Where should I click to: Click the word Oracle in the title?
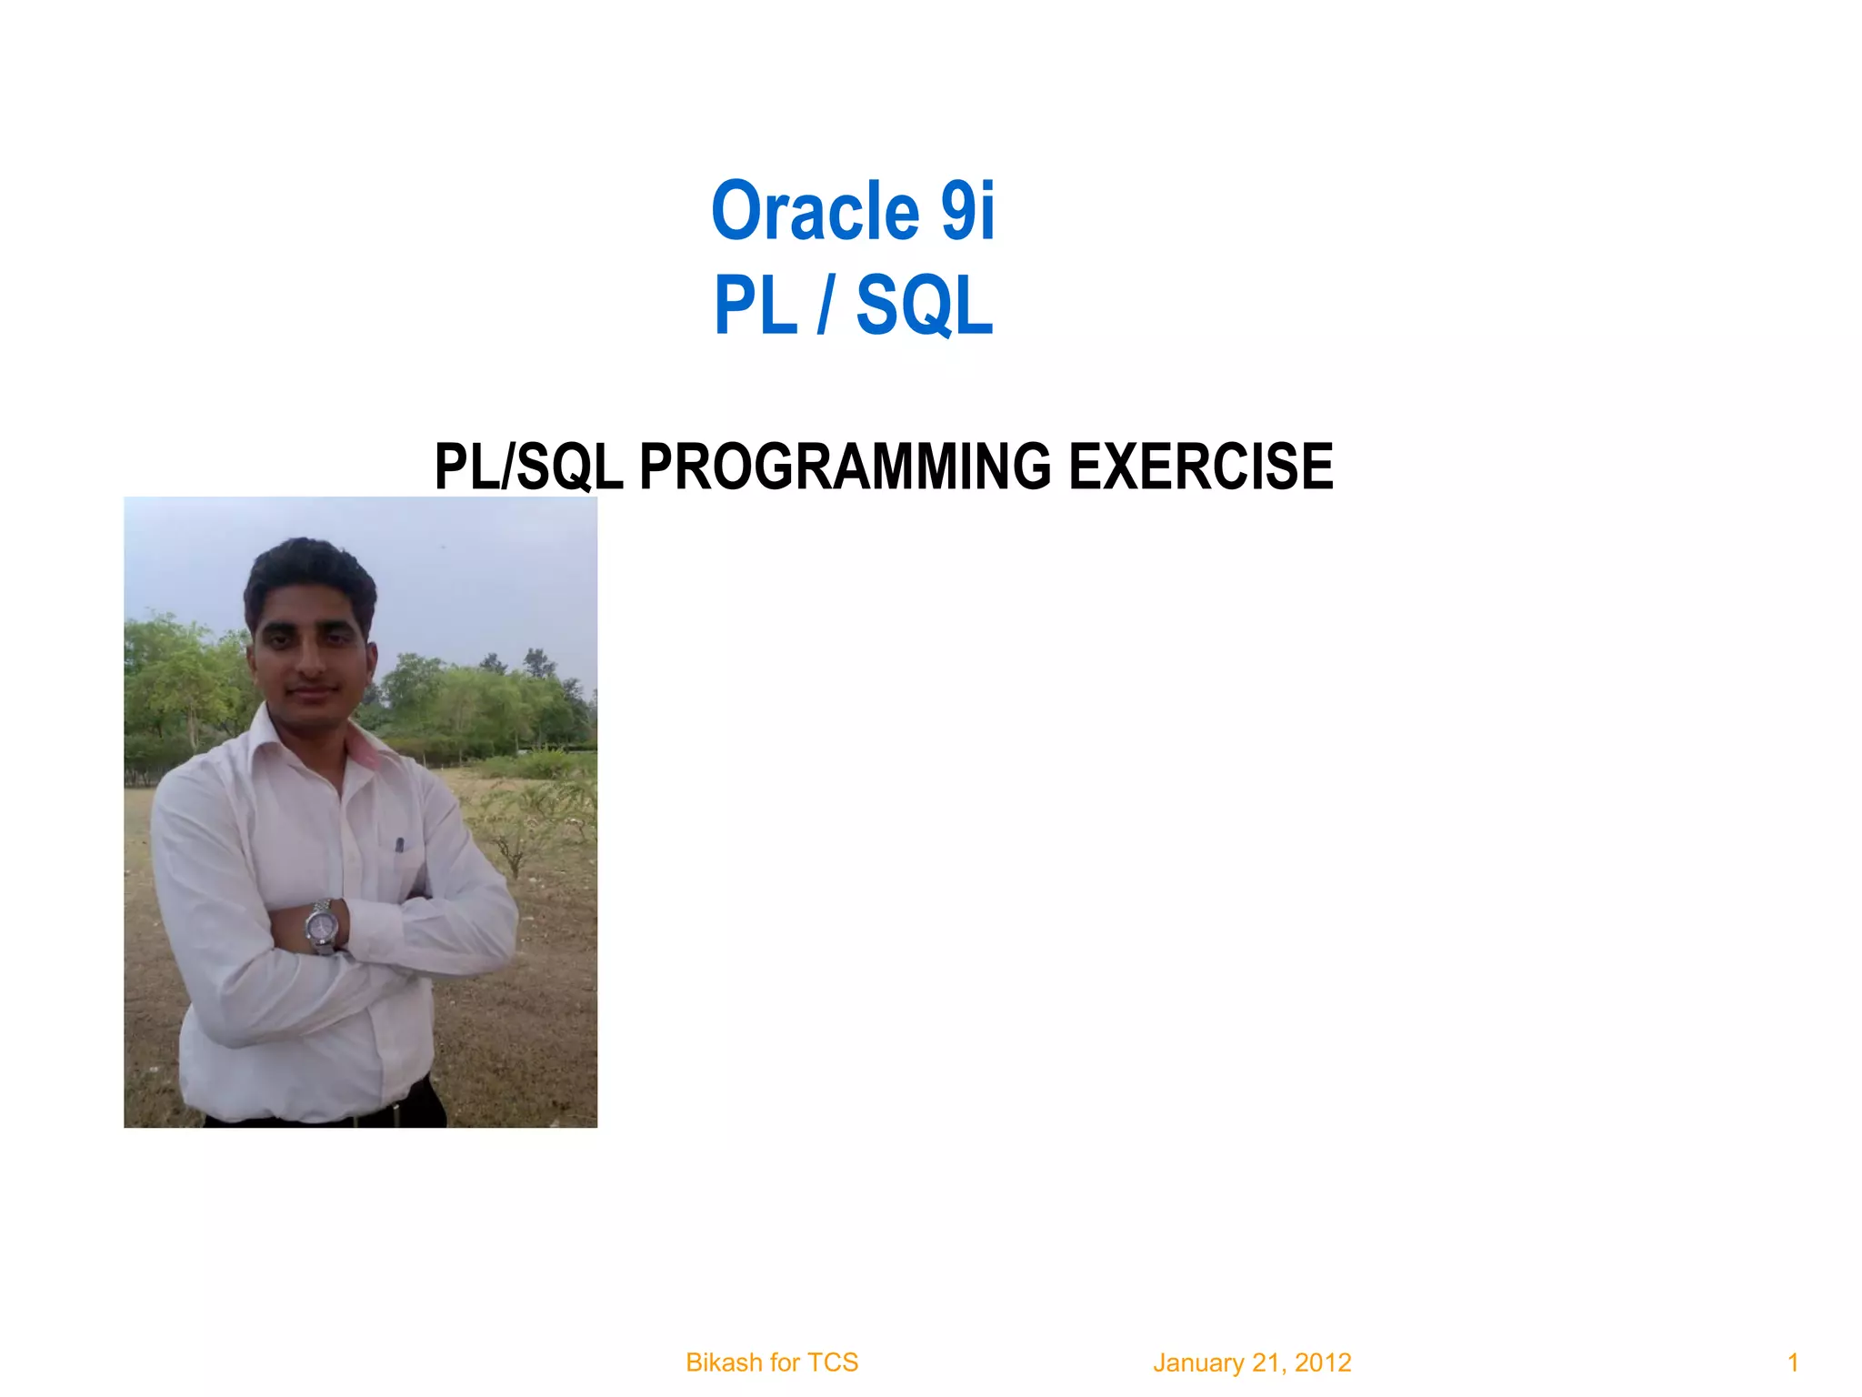click(x=815, y=212)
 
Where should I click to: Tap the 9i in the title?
click(x=967, y=212)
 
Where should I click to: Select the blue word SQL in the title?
click(x=924, y=306)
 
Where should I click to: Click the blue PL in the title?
click(x=755, y=306)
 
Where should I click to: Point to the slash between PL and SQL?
click(x=825, y=306)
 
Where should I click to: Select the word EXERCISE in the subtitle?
click(x=1200, y=467)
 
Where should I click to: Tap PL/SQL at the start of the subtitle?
click(x=528, y=467)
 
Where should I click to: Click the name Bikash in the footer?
click(x=724, y=1362)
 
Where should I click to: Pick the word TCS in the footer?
click(x=833, y=1362)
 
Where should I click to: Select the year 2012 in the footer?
click(x=1323, y=1362)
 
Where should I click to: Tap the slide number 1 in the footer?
click(x=1793, y=1362)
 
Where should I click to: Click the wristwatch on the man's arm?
click(x=322, y=926)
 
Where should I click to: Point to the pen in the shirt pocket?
click(x=399, y=846)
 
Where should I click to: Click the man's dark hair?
click(x=309, y=568)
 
